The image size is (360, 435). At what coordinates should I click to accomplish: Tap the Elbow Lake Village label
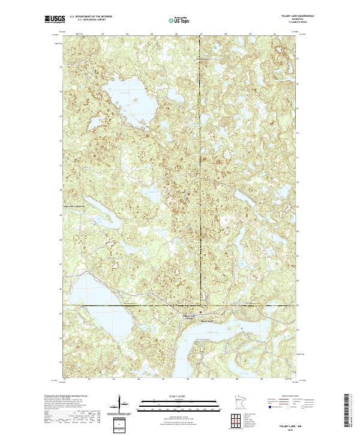tap(189, 316)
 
